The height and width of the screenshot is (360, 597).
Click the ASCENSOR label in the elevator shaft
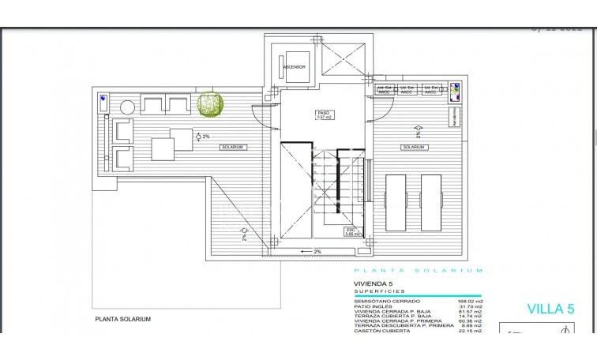click(x=295, y=67)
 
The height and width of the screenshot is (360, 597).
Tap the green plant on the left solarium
click(x=210, y=105)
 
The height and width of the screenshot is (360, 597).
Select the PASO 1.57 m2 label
click(x=324, y=115)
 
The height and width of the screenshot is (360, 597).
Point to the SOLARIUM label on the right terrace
click(x=413, y=148)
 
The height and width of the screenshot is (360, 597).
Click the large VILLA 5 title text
click(x=550, y=309)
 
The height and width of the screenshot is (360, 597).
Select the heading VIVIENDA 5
click(x=372, y=282)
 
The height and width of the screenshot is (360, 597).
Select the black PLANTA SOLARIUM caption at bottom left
click(x=122, y=320)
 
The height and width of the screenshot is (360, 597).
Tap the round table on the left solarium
click(x=127, y=107)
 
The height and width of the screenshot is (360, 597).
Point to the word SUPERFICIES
click(x=375, y=291)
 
